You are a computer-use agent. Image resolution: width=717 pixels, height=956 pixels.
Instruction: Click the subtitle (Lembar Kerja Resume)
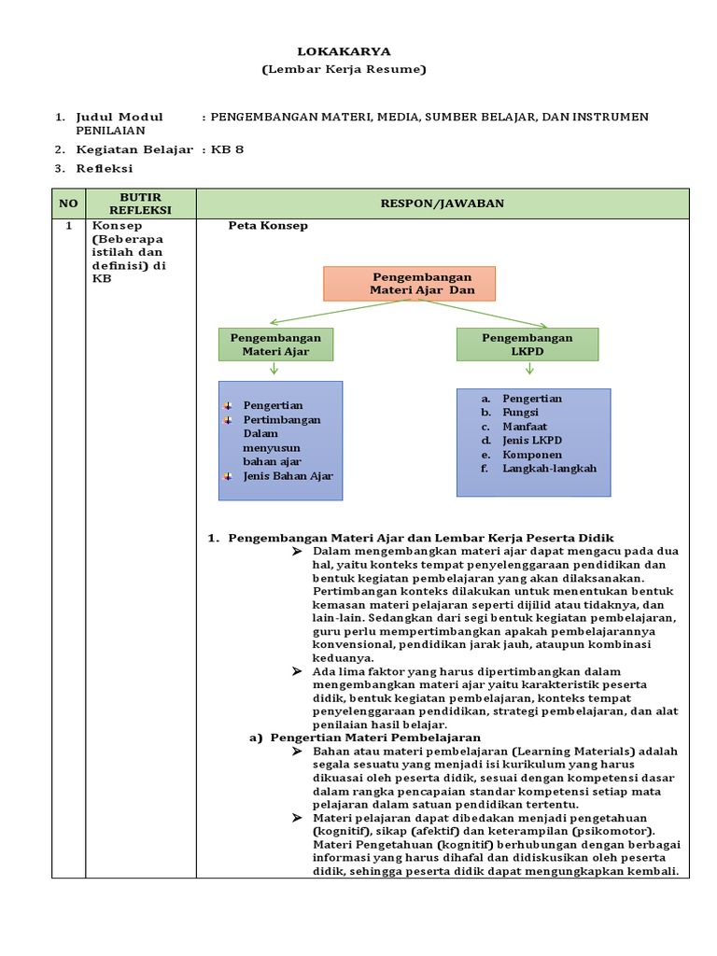[344, 69]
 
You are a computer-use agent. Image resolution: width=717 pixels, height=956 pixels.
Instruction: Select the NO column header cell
[68, 203]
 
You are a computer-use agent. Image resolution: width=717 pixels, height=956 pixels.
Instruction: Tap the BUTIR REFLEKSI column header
[141, 203]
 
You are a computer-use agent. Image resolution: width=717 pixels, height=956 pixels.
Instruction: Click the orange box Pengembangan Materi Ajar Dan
[409, 284]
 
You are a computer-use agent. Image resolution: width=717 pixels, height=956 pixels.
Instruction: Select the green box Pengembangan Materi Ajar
[275, 344]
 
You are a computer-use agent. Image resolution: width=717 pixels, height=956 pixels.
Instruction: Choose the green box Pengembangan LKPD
[527, 344]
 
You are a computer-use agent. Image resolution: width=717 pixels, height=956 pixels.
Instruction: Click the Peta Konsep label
[268, 226]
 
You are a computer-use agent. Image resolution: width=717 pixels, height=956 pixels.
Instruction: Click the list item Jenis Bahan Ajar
[288, 476]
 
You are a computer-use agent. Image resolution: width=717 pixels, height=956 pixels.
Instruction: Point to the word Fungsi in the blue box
[522, 413]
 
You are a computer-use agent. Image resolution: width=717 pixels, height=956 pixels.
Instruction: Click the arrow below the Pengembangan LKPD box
[529, 370]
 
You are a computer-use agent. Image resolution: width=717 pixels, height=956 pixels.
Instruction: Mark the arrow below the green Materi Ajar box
[274, 370]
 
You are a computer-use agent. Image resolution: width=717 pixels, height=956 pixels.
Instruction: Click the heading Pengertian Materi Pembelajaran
[375, 738]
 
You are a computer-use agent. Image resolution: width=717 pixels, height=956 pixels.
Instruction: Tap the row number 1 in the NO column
[68, 226]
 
